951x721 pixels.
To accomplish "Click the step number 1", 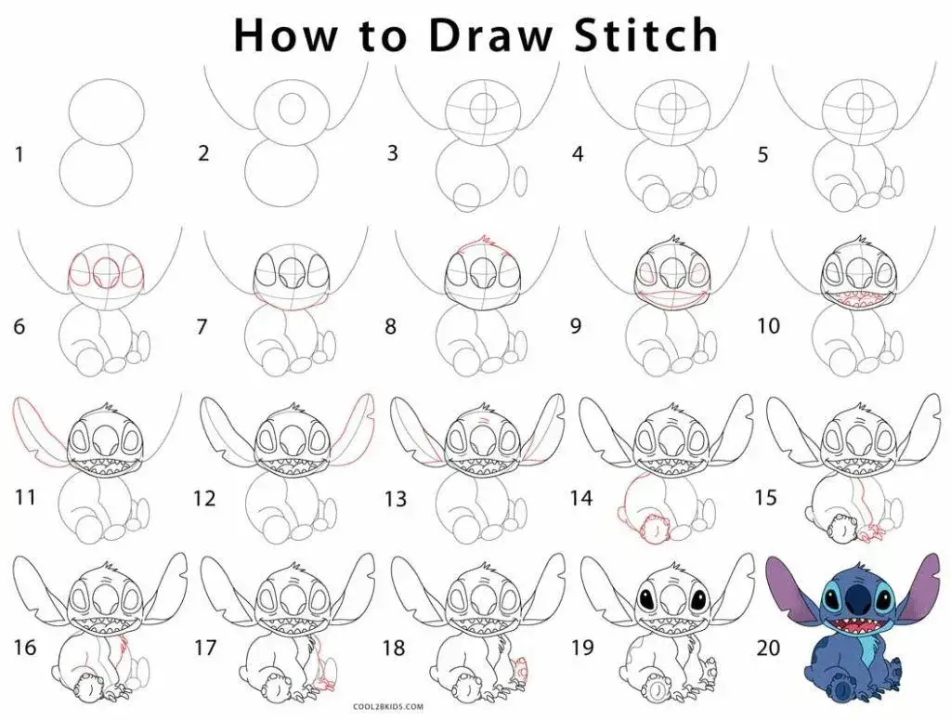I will [x=19, y=153].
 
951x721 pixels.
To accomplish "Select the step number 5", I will [x=762, y=154].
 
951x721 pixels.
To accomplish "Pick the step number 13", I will [x=396, y=500].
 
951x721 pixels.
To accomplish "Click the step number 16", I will [x=24, y=648].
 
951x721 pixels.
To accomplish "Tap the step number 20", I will [x=768, y=648].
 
